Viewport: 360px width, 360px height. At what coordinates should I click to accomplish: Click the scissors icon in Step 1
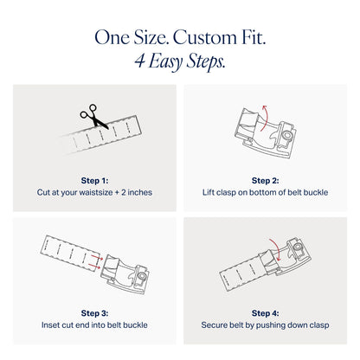tap(93, 116)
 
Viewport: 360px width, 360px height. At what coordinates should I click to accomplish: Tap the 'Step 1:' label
tap(94, 181)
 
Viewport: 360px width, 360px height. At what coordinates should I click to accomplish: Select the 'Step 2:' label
tap(265, 181)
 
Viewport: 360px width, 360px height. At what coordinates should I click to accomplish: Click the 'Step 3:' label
tap(94, 313)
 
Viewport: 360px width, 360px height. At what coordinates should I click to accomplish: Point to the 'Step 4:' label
tap(265, 313)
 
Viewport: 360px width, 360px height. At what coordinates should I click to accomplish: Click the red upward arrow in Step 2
tap(266, 119)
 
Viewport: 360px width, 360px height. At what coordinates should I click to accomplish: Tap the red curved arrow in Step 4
tap(277, 248)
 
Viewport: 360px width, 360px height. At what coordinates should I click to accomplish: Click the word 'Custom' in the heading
tap(204, 38)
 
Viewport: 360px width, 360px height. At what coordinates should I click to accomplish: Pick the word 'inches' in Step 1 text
tap(139, 192)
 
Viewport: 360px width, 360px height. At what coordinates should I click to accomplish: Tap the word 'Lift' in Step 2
tap(209, 192)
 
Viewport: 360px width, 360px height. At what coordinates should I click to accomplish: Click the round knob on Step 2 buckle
tap(287, 135)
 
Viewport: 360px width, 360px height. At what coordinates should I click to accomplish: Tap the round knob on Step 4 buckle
tap(297, 247)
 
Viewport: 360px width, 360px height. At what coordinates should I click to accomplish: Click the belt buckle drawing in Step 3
tap(125, 274)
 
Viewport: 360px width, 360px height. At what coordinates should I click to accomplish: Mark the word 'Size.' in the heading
tap(151, 38)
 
